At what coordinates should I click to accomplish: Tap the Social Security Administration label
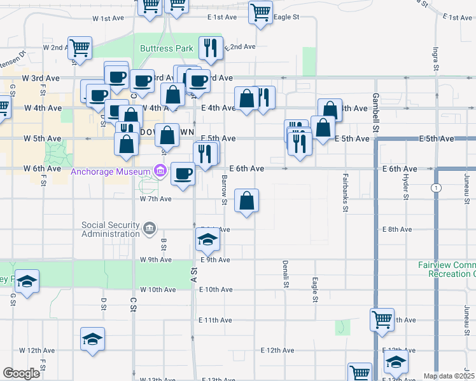[x=111, y=229]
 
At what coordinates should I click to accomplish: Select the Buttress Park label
[x=166, y=48]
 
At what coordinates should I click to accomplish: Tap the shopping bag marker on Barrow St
[x=246, y=201]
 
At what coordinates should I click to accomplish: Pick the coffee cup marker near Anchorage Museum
[x=183, y=173]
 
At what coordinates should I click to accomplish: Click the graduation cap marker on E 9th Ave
[x=207, y=240]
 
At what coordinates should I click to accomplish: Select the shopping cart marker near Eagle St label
[x=261, y=13]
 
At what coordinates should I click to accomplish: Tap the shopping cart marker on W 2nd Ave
[x=80, y=48]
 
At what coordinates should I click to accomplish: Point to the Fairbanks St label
[x=345, y=192]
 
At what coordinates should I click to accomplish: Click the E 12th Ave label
[x=277, y=350]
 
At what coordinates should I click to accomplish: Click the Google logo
[x=21, y=373]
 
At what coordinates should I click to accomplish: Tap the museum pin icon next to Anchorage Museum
[x=159, y=171]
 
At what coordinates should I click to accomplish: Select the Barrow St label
[x=224, y=191]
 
